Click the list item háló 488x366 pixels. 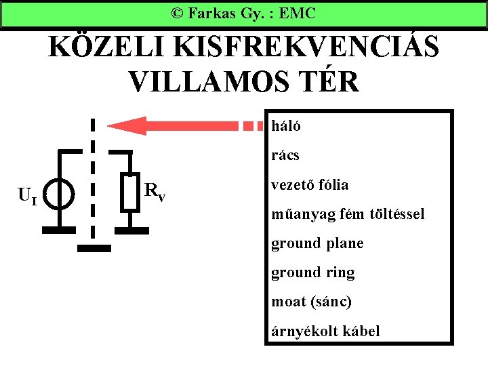(286, 125)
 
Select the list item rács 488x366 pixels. (285, 155)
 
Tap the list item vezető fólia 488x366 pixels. (310, 184)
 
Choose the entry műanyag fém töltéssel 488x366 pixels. (348, 214)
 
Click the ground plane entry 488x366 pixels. (317, 243)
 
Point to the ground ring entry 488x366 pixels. (312, 272)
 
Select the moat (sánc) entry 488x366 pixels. (311, 302)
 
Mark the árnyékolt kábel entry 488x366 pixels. (325, 331)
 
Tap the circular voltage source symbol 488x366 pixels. (61, 194)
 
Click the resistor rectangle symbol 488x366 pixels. (130, 192)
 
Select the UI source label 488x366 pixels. (28, 197)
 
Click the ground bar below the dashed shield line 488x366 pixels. (93, 248)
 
